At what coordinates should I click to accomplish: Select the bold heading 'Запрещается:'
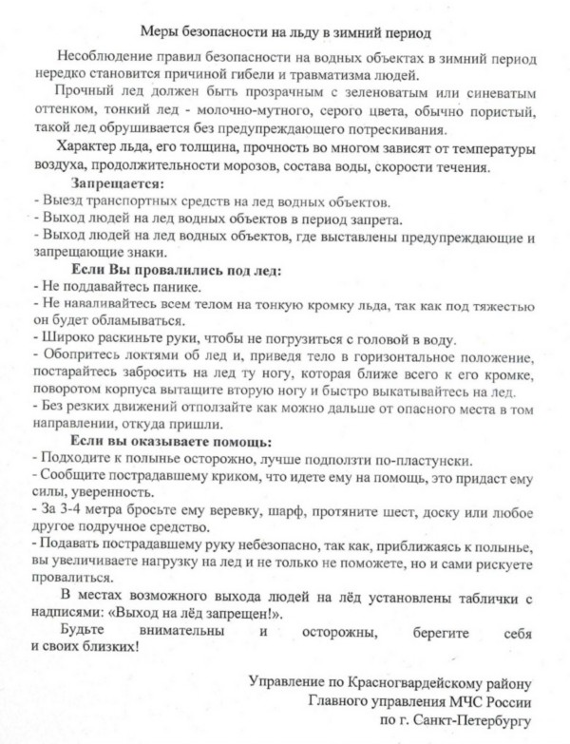click(x=117, y=183)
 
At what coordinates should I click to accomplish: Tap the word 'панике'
click(x=172, y=287)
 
